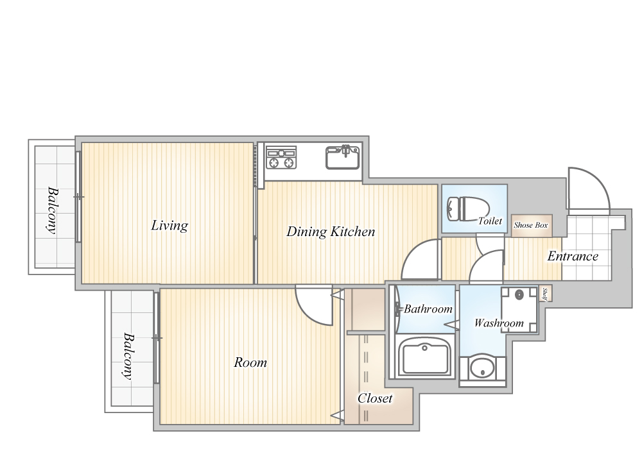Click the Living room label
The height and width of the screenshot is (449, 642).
click(x=169, y=225)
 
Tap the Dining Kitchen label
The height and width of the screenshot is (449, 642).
click(x=331, y=232)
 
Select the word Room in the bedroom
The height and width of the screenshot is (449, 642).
click(x=250, y=362)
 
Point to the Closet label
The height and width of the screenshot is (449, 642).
click(x=375, y=398)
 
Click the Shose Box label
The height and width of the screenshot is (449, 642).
click(x=531, y=225)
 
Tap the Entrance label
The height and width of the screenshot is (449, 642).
click(x=573, y=256)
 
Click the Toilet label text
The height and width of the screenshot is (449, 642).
click(x=490, y=221)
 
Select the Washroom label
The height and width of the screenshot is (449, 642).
click(x=499, y=323)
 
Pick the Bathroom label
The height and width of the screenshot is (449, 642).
click(x=428, y=309)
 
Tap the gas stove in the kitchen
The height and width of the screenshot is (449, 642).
click(x=281, y=157)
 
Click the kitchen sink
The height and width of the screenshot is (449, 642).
click(x=343, y=157)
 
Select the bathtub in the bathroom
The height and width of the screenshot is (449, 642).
click(x=425, y=356)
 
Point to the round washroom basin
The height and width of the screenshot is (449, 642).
click(x=483, y=368)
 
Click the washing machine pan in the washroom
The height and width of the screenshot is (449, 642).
click(x=519, y=310)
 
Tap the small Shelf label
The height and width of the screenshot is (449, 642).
click(x=545, y=294)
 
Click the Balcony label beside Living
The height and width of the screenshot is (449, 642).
click(x=51, y=210)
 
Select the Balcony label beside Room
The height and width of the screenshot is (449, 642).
click(x=128, y=356)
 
